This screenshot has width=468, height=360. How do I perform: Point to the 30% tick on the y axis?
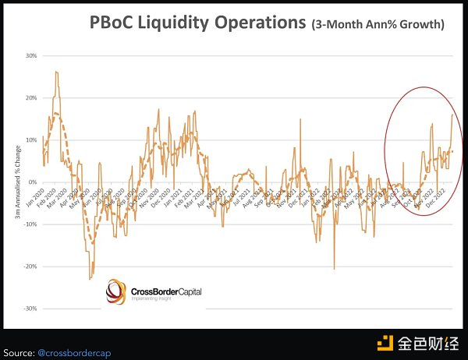[32, 56]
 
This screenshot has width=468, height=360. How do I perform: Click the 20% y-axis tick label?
[32, 98]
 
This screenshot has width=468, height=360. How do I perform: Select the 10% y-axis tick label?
[32, 140]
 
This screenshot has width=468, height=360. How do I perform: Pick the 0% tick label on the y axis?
[34, 182]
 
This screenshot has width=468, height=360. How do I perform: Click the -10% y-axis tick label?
[31, 224]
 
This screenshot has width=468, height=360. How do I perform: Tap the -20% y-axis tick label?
[31, 266]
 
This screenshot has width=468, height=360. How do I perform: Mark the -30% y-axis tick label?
[31, 309]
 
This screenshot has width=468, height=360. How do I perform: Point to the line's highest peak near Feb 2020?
[56, 72]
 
